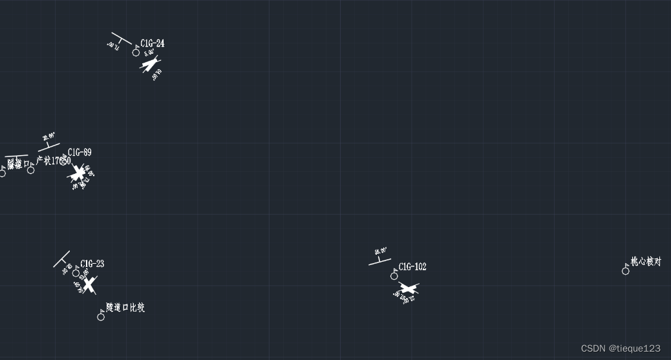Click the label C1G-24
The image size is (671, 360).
pos(153,43)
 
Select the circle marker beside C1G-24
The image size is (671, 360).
pos(136,52)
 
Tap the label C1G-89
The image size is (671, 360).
pos(80,153)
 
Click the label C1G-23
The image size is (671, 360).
pos(92,264)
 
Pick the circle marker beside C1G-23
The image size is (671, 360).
pos(76,273)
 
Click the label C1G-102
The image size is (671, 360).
pos(412,267)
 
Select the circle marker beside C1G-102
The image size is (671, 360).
pos(394,277)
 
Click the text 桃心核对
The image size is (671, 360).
pos(646,262)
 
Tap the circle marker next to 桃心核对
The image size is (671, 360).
pos(625,271)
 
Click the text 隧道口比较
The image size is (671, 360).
pos(125,308)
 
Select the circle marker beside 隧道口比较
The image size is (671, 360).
pos(101,317)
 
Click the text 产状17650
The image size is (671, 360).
pos(53,161)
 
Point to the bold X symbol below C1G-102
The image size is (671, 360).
pos(407,288)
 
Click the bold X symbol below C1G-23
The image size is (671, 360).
pos(89,283)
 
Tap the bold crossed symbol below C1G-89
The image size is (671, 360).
pos(78,173)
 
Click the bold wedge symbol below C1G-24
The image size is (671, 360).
pos(151,65)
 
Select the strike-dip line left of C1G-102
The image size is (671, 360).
pos(379,262)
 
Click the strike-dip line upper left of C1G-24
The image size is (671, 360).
pos(121,38)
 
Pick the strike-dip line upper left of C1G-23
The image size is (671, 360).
pos(61,259)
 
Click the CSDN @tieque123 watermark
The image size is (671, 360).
pos(620,348)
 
